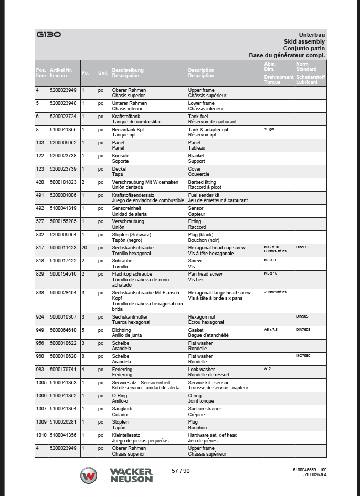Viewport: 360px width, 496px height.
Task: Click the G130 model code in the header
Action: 49,35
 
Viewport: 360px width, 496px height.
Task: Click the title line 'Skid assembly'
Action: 304,41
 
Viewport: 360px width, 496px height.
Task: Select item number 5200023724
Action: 63,116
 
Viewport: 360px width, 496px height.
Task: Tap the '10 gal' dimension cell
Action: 269,129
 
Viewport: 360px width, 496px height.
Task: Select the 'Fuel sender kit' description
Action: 204,195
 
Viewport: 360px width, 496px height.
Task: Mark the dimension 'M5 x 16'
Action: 270,273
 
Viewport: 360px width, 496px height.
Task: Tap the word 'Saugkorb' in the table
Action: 121,409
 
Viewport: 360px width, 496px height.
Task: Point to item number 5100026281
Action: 63,422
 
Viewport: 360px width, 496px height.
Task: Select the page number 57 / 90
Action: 181,471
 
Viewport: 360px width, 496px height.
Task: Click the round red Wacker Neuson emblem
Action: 88,476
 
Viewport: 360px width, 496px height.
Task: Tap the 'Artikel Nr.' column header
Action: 61,70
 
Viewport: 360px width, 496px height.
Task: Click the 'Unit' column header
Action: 102,73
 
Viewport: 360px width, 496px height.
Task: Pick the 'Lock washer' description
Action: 202,370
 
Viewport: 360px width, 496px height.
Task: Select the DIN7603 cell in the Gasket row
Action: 303,330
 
